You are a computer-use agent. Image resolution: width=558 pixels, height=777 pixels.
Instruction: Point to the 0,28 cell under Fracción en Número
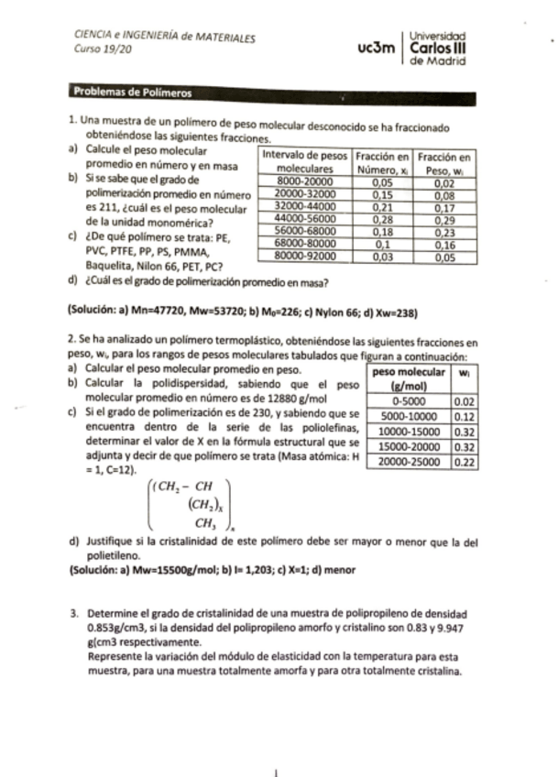point(381,221)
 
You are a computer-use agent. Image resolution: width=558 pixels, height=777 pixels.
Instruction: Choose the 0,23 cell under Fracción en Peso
point(445,234)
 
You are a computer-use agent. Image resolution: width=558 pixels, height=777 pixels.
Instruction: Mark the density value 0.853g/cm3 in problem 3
point(115,629)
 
